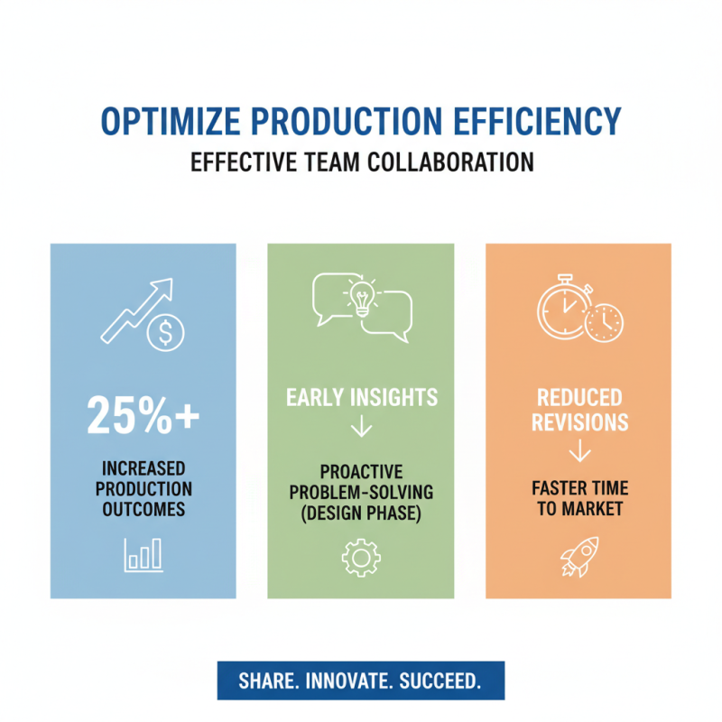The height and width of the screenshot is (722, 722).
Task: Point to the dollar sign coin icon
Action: pos(165,335)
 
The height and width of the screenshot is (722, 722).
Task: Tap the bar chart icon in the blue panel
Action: pos(143,554)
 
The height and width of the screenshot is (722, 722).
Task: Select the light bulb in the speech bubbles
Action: pos(362,295)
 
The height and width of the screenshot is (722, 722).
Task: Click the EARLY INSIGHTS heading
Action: pos(361,397)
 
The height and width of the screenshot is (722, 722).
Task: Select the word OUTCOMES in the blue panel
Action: pos(143,509)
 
